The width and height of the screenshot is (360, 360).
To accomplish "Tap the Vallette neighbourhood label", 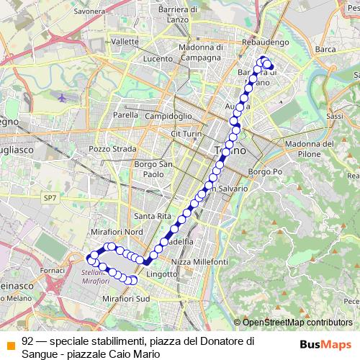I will click(125, 42).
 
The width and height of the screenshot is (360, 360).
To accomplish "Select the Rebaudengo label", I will click(266, 43).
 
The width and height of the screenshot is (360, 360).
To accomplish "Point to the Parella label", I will click(125, 114).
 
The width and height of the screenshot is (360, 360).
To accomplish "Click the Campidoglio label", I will click(168, 115).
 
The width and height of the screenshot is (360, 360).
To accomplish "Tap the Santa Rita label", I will click(151, 216).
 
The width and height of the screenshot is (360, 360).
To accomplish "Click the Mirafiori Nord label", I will click(117, 232).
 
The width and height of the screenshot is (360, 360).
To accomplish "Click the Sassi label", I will click(334, 115).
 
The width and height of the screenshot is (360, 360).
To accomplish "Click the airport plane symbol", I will click(63, 96).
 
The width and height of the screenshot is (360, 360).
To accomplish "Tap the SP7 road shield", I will click(48, 197).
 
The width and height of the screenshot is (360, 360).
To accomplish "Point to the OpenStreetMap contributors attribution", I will click(296, 323).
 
